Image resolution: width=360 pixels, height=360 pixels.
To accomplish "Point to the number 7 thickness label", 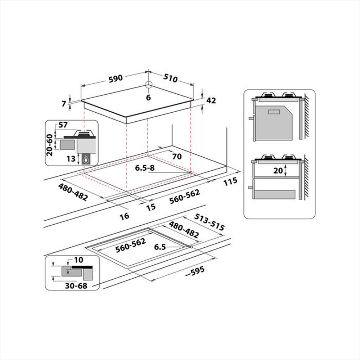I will [x=64, y=104].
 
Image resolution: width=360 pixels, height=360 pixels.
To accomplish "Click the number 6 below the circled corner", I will [x=148, y=98].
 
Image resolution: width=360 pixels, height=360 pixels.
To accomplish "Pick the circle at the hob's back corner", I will [x=148, y=85].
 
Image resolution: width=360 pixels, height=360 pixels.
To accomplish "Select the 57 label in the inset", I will [x=63, y=125].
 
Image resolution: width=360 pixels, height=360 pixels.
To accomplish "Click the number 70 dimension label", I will [x=176, y=157].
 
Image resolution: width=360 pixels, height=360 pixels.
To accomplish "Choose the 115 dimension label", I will [x=230, y=181].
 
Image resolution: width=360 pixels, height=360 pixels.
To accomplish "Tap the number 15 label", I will [x=151, y=206].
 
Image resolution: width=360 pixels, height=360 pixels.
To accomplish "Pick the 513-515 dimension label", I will [x=209, y=222].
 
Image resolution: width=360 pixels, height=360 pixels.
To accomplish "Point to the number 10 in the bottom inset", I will [x=79, y=260].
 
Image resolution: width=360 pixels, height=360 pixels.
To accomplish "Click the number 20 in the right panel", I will [x=278, y=171].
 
